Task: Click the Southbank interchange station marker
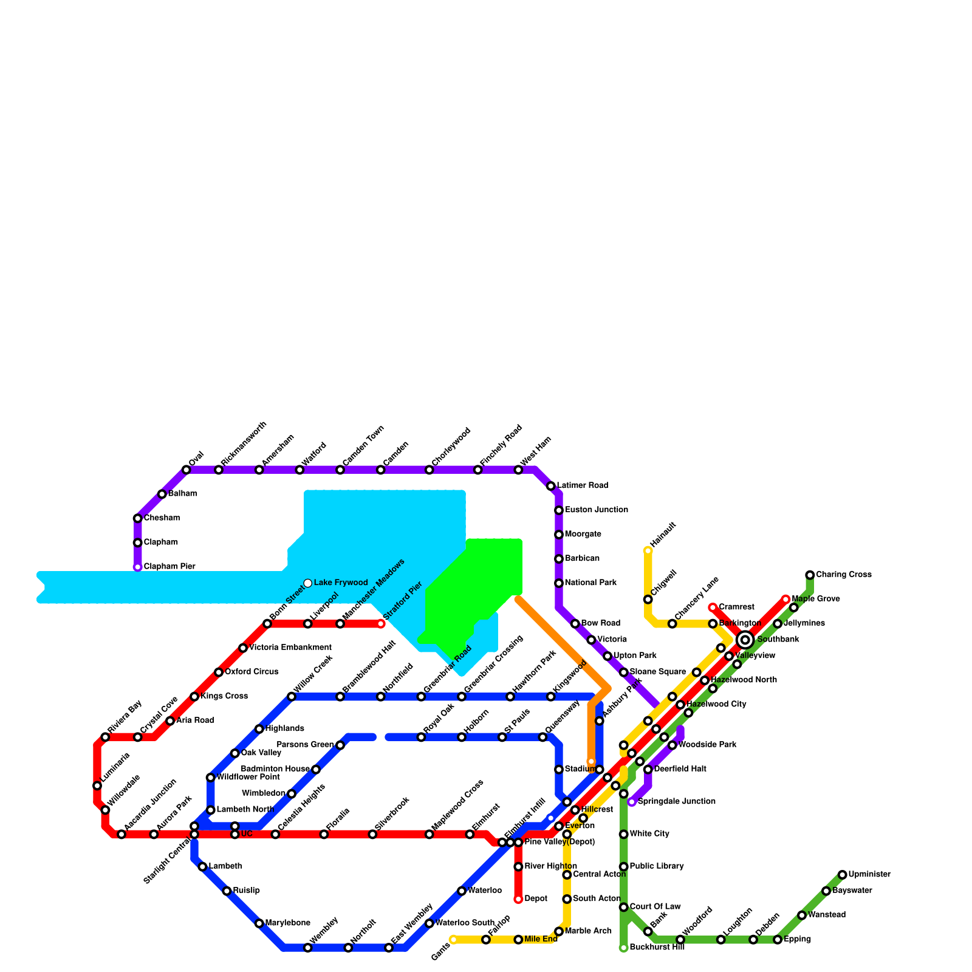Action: [x=745, y=640]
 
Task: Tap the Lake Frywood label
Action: [x=340, y=583]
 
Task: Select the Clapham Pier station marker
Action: [x=138, y=567]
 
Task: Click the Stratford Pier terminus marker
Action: [x=381, y=624]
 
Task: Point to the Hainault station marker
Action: [x=648, y=551]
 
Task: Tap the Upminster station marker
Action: [x=842, y=875]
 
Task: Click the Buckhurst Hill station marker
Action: [x=623, y=948]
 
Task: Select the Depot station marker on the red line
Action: [x=518, y=899]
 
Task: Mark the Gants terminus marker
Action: [x=453, y=940]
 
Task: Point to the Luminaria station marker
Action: [x=97, y=785]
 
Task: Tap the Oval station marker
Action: [x=187, y=470]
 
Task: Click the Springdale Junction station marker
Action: [x=632, y=802]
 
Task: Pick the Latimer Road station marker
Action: [x=550, y=486]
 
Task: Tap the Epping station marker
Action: [x=778, y=940]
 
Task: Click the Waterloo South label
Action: [x=465, y=923]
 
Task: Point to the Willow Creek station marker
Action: [x=292, y=697]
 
